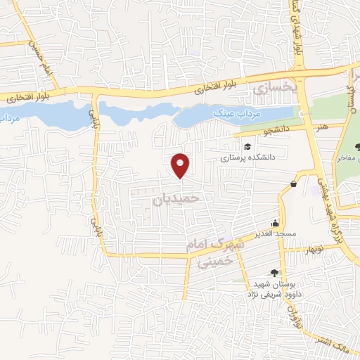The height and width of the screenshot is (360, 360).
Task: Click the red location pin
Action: [181, 165]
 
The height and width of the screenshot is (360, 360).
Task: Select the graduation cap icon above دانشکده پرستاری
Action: [247, 146]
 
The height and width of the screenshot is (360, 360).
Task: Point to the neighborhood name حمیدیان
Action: [176, 199]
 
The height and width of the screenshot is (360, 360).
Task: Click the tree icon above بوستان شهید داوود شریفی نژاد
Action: [275, 272]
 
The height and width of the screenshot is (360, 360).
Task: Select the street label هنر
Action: [323, 127]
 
